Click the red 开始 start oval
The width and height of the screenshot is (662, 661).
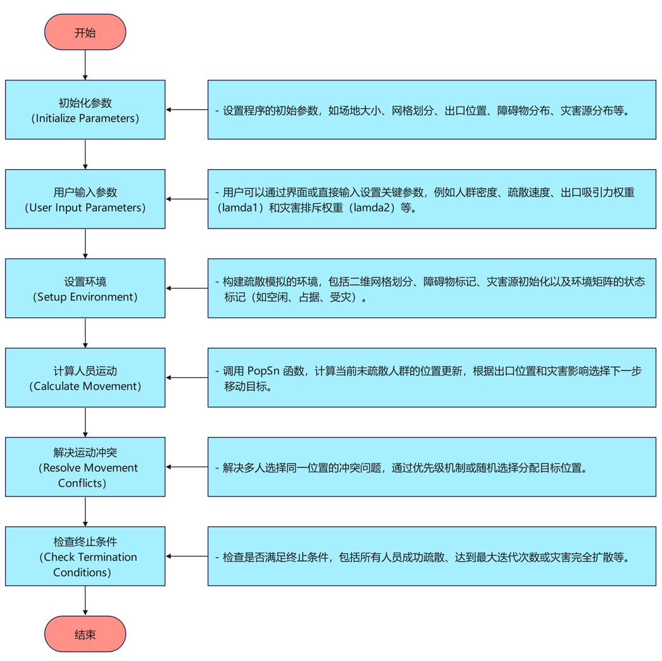point(85,32)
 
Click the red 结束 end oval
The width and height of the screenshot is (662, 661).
point(85,634)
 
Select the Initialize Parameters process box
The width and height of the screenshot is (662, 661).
point(85,110)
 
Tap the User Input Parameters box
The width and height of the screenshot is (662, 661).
point(85,199)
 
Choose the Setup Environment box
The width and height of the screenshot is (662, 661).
point(85,288)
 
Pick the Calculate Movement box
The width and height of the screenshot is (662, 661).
point(85,377)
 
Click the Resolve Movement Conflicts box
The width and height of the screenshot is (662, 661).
point(85,467)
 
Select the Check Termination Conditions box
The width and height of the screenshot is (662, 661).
point(85,556)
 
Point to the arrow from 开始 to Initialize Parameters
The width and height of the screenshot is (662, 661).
point(85,65)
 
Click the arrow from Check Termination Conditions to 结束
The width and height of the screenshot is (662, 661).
point(85,600)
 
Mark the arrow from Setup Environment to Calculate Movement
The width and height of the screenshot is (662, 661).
point(85,332)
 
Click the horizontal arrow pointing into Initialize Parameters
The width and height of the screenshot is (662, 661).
point(187,110)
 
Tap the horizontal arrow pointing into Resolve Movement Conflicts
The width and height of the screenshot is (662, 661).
point(187,467)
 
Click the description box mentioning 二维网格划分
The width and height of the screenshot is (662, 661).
point(432,288)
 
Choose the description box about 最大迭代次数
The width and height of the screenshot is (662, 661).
point(432,556)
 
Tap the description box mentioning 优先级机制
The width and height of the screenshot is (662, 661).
point(432,467)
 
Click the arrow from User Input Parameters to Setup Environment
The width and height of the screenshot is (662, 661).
point(85,243)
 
